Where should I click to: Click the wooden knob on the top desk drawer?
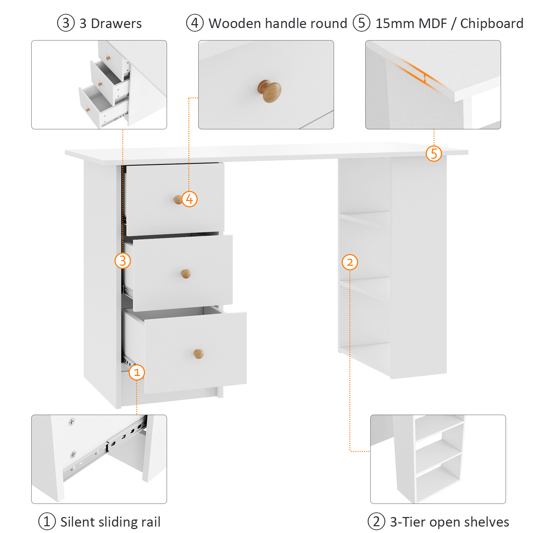click(x=178, y=200)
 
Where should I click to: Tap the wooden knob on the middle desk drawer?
click(x=186, y=274)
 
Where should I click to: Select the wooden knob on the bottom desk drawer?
click(x=199, y=354)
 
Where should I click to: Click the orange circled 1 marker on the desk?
click(x=137, y=372)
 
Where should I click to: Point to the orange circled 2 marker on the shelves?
click(x=350, y=262)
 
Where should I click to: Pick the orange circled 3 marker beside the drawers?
click(x=123, y=261)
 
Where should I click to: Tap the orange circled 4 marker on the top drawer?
click(x=189, y=199)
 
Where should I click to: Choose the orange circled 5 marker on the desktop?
click(x=434, y=154)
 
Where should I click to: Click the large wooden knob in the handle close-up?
click(x=270, y=91)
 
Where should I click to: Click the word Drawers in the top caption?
click(x=116, y=23)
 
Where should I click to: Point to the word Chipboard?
click(x=492, y=23)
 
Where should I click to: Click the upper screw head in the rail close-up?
click(x=72, y=422)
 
